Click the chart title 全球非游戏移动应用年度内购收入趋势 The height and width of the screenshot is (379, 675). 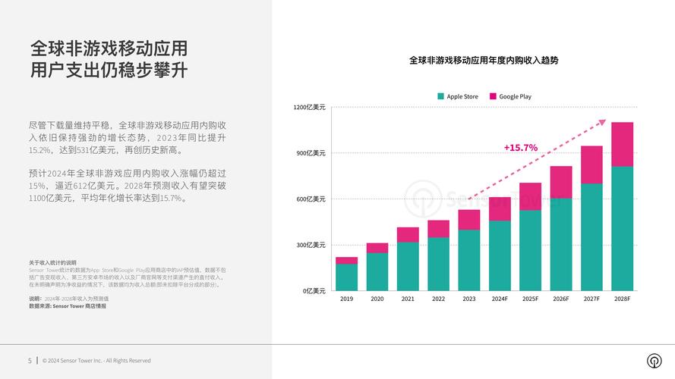[484, 60]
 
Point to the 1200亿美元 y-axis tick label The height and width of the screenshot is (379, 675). [309, 108]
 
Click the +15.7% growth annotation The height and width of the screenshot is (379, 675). [520, 148]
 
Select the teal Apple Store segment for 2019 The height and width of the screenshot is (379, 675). [346, 277]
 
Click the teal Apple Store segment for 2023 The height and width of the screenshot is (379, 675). [468, 260]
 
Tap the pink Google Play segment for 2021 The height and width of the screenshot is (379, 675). [408, 234]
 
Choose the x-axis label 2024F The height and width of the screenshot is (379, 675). [500, 299]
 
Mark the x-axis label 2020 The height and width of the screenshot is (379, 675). [377, 299]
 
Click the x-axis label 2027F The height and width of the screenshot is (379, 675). [591, 299]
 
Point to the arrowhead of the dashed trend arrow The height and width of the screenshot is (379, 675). [603, 121]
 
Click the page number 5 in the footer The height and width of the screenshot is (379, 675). [30, 361]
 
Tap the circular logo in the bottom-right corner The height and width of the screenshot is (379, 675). [653, 361]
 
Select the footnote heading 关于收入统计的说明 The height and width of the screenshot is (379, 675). [52, 262]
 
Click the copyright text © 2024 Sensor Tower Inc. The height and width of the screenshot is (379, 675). [96, 361]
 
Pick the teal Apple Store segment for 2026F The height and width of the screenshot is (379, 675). [561, 244]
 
